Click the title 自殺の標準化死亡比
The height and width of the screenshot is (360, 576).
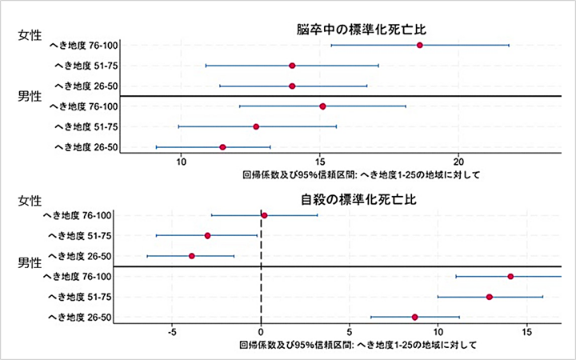pos(353,199)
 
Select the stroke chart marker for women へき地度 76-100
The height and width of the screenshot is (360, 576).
pos(419,45)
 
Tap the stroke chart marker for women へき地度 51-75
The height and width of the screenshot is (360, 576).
pos(292,66)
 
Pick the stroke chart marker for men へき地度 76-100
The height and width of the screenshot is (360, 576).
pos(322,106)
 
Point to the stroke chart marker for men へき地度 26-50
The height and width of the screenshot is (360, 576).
pos(222,147)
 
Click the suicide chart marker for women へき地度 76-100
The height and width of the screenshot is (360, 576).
pos(264,215)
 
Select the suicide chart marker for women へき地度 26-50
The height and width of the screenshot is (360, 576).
pos(192,256)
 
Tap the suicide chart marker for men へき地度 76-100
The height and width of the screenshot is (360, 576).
pos(510,276)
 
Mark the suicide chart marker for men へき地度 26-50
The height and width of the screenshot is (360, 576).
pos(414,318)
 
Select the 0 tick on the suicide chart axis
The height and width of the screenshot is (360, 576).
pos(261,330)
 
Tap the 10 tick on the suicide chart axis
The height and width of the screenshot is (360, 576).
pos(438,330)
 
